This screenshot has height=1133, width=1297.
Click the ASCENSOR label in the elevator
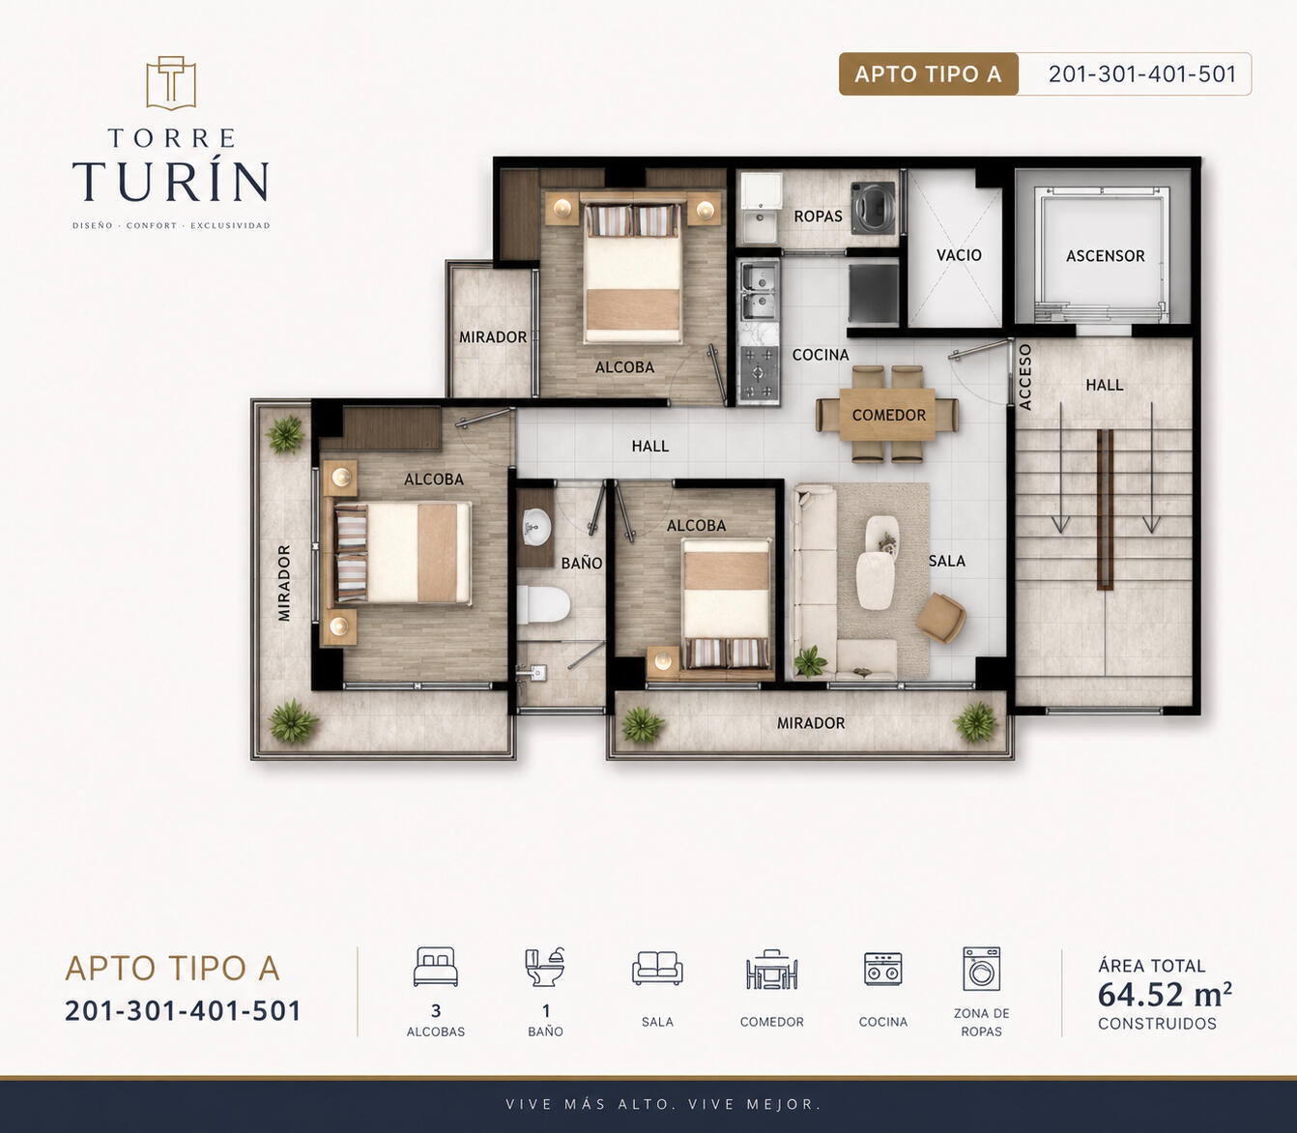coord(1105,256)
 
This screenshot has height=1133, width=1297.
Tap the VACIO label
coord(959,255)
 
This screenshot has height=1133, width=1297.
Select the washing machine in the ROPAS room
coord(874,208)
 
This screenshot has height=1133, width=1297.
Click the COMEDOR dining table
coord(887,415)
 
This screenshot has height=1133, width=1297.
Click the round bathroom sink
coord(537,526)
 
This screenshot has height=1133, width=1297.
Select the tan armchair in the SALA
coord(940,618)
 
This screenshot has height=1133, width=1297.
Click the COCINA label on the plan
coord(821,355)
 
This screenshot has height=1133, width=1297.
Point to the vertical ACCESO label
coord(1024,377)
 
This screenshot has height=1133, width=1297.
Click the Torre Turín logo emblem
coord(171,83)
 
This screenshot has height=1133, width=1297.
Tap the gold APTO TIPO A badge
coord(928,74)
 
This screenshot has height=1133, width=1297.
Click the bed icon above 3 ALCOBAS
coord(435,967)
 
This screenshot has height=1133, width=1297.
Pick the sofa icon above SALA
coord(657,968)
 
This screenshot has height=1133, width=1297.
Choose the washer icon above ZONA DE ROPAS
coord(981,969)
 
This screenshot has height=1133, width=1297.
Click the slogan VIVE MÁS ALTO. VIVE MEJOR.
coord(663,1104)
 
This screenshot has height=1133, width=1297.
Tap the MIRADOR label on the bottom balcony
coord(811,723)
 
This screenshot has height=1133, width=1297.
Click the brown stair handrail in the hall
coord(1105,509)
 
